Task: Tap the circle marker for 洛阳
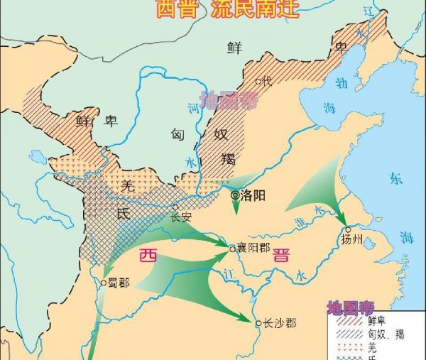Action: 235,195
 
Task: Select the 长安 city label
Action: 182,217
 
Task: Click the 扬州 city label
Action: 351,239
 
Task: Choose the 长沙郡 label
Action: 279,322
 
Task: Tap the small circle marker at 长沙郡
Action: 258,322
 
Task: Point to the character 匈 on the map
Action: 177,133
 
